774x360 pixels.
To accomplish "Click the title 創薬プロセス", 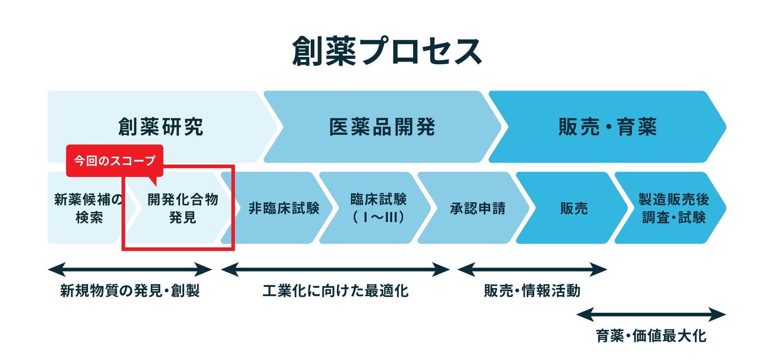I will click(x=387, y=51).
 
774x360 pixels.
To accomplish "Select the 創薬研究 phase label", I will click(x=161, y=127).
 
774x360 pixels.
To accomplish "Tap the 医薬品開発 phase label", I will click(x=382, y=127).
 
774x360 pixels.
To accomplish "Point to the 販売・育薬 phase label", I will click(x=607, y=127).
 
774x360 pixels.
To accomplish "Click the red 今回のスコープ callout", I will click(x=115, y=161).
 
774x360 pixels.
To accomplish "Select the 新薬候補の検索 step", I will click(x=89, y=208).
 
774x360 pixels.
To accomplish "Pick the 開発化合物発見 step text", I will click(x=183, y=208).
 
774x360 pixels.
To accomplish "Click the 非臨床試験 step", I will click(x=284, y=208).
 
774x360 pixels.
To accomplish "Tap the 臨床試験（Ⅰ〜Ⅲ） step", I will click(x=378, y=208).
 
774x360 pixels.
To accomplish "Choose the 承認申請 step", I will click(x=477, y=208).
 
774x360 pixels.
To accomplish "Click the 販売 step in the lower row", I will click(x=574, y=208).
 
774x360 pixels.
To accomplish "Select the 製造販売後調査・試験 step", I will click(x=674, y=208).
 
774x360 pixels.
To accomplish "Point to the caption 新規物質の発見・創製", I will click(x=130, y=291).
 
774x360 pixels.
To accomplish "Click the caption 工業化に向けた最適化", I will click(x=335, y=291).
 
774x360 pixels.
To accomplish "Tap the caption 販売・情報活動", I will click(x=532, y=291).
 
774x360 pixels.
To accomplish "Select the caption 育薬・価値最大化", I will click(x=651, y=336).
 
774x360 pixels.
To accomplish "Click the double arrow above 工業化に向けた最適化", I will click(x=335, y=270).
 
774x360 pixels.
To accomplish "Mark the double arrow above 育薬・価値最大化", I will click(x=651, y=315).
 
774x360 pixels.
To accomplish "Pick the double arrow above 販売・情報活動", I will click(x=532, y=270).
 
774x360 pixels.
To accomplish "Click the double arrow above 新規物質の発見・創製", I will click(x=130, y=270).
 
